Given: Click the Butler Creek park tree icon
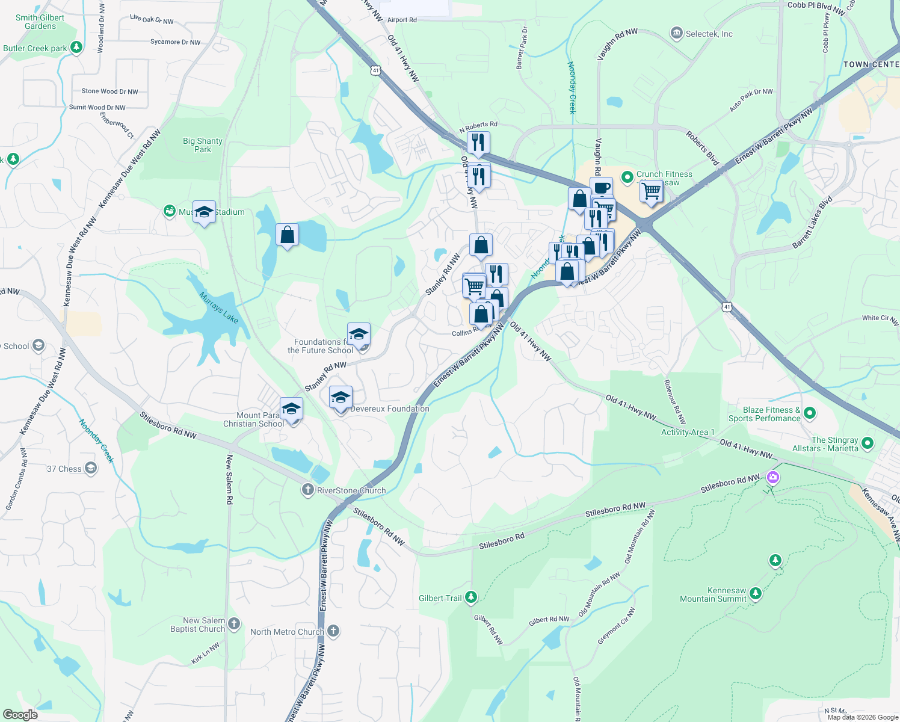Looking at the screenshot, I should point(76,48).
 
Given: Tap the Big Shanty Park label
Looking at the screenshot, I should point(203,145).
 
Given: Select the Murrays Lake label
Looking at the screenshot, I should point(219,307).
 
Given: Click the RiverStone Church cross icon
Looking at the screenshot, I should point(308,490).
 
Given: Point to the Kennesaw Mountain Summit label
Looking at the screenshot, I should point(713,594).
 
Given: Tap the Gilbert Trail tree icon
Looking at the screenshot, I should point(471,597).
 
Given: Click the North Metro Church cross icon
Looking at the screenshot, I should point(333,631).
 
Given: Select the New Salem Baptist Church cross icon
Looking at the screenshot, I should point(234,624).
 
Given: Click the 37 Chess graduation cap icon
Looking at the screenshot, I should point(90,468).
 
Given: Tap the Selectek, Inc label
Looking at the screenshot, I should point(709,34).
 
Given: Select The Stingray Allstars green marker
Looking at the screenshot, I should point(867,443).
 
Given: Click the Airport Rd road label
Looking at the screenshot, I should point(402,20).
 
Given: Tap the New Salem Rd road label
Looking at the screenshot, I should point(229,479).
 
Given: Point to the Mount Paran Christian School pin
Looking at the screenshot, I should point(291,409).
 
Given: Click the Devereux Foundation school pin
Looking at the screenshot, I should point(341,398).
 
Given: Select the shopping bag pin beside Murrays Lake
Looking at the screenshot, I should point(287,235).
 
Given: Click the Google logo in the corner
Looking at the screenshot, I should point(20,714).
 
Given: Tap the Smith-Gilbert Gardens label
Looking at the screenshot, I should point(40,22).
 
